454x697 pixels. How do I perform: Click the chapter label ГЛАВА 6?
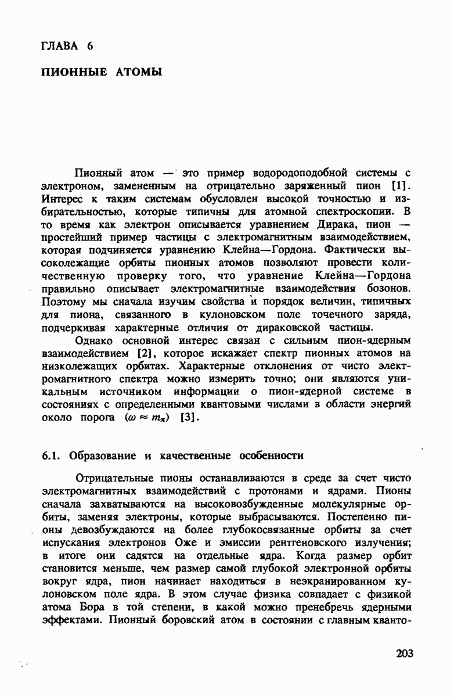67,46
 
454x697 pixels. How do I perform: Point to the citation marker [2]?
145,353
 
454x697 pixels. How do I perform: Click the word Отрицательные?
117,478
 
